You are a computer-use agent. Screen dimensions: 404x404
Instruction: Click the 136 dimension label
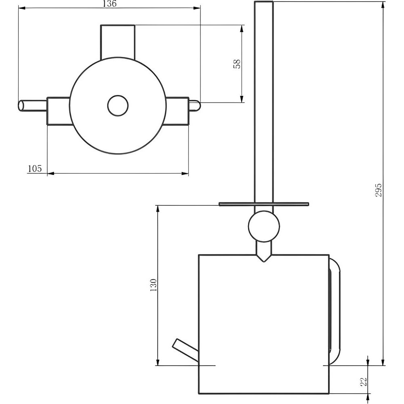coord(109,4)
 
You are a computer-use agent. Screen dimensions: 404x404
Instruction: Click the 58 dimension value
coord(237,64)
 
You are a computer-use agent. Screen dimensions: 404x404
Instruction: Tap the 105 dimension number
coord(34,168)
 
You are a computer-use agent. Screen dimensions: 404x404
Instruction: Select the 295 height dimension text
coord(378,190)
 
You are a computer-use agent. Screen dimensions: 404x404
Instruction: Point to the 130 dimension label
coord(153,285)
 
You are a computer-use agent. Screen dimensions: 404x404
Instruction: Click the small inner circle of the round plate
coord(118,105)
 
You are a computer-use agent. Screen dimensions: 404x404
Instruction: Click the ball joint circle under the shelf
coord(264,226)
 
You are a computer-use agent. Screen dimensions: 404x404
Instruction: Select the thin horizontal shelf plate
coord(263,204)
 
